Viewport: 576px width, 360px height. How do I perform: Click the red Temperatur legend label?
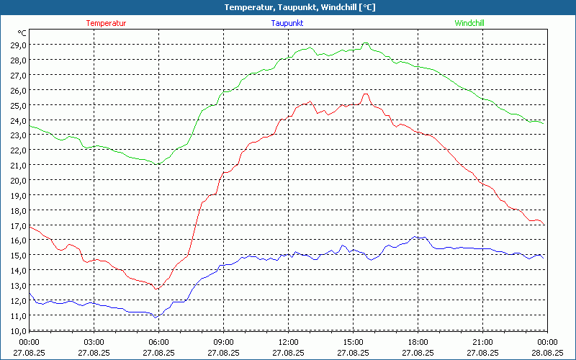106,23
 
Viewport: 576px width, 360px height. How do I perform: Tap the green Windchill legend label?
469,23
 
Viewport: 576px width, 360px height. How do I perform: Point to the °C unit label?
22,33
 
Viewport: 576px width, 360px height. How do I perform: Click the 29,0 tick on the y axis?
17,45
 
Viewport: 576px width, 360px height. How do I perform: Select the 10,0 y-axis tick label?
17,330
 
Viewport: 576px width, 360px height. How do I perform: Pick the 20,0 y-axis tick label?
17,180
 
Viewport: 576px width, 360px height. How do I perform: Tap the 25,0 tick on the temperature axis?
17,105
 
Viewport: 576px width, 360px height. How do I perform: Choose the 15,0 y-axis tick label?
17,256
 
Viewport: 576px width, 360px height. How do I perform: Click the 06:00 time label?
158,342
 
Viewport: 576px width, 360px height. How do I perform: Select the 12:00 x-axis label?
288,342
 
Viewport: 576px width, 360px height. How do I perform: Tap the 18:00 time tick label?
418,342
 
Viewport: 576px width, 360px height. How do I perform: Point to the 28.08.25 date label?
547,353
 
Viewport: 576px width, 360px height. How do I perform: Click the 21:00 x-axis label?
482,342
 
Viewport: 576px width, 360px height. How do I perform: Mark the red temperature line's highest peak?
366,94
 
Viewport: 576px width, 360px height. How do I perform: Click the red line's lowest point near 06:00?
156,289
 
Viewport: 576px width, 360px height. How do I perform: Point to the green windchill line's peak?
366,43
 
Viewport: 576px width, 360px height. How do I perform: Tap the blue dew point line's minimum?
156,317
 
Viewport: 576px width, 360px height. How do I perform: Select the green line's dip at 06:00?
157,164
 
